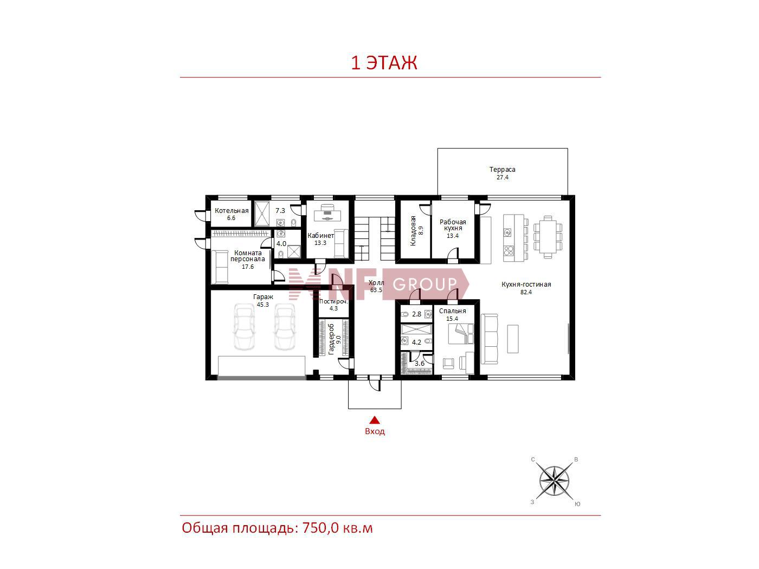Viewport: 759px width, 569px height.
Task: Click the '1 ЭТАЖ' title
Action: [x=384, y=63]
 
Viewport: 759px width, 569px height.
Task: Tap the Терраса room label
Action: [x=502, y=169]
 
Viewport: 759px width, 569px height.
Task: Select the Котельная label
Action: [x=231, y=211]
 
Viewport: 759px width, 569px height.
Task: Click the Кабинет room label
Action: [x=320, y=236]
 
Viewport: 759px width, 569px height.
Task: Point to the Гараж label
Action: [x=263, y=297]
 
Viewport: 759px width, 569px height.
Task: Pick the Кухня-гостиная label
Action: [x=526, y=284]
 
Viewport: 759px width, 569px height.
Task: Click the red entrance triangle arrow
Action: [x=375, y=421]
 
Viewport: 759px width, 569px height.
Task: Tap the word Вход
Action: [x=375, y=431]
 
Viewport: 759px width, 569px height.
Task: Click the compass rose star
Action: [x=554, y=481]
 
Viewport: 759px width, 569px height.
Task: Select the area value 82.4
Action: [x=526, y=292]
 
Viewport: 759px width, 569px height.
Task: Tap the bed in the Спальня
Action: [x=461, y=333]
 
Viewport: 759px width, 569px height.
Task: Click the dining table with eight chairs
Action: [x=548, y=237]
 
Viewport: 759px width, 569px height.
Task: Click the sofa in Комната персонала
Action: [x=220, y=267]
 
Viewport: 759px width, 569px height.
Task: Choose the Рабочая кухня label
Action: [x=453, y=225]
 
